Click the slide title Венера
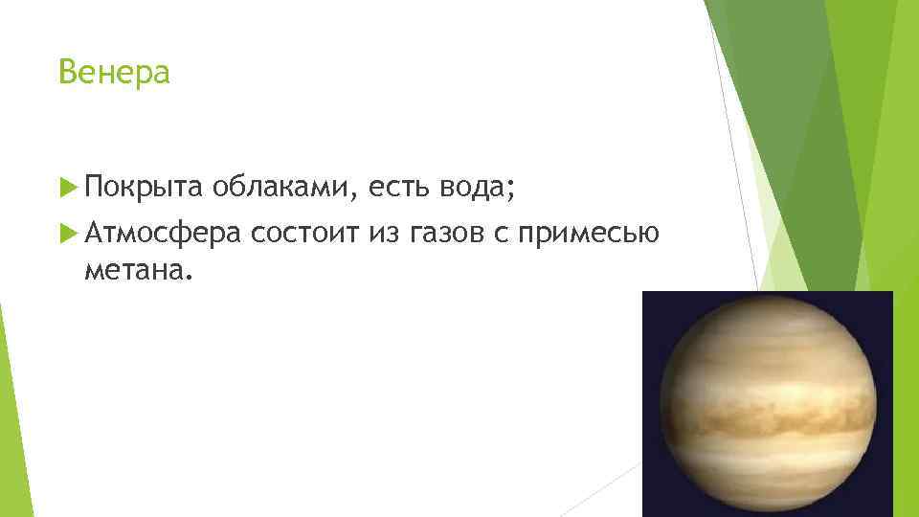114,72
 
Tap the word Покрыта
143,191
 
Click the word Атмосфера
163,234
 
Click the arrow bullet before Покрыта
67,190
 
